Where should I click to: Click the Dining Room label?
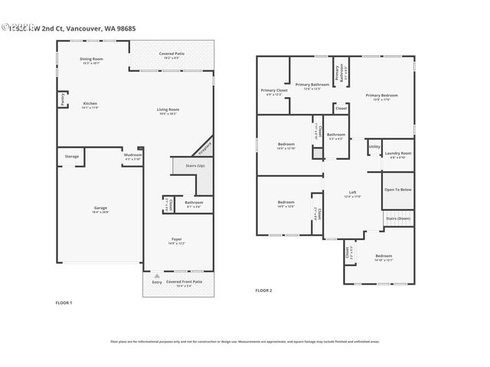click(x=92, y=59)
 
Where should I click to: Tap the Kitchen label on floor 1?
click(x=90, y=103)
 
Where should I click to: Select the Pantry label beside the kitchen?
click(x=62, y=99)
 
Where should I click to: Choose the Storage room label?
click(x=71, y=157)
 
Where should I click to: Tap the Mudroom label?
click(x=132, y=155)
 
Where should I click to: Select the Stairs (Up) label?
click(x=195, y=165)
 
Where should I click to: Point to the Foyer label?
click(x=176, y=239)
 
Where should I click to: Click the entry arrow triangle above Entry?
click(x=157, y=274)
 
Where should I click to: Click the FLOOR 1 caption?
click(x=64, y=304)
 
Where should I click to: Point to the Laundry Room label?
click(x=399, y=153)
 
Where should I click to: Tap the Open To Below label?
click(x=398, y=189)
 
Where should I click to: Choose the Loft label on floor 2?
click(x=352, y=193)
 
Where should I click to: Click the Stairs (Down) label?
click(x=397, y=219)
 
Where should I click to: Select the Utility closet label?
click(x=374, y=146)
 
